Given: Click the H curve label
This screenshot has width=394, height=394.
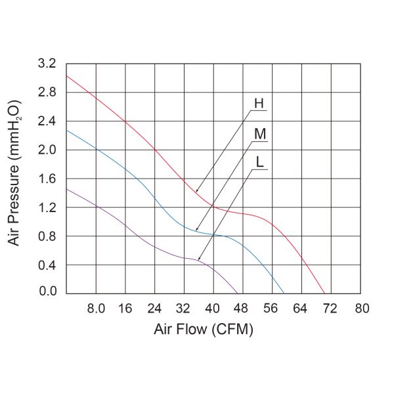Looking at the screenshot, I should point(259,104).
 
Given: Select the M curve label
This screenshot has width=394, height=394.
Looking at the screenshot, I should point(260,134).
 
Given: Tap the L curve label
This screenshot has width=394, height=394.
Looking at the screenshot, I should point(260,164).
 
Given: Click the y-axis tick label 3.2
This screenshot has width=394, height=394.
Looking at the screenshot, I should point(48,64).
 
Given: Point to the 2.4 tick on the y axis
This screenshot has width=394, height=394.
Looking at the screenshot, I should point(48,121).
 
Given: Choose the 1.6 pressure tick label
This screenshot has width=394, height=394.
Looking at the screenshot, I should point(48,179).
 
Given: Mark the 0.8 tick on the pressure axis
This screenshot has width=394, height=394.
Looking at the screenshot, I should point(48,236).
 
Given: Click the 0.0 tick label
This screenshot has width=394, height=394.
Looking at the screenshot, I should point(48,292).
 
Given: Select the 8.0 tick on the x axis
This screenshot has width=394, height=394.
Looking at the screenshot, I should point(96,307).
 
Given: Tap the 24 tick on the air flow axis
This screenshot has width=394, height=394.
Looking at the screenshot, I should point(155,307).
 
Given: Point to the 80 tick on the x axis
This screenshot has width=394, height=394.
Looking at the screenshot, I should point(361,307).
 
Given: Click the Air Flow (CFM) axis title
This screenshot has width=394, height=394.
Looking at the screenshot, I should point(203,329).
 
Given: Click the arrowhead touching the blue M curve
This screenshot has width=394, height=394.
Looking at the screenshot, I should point(196,230).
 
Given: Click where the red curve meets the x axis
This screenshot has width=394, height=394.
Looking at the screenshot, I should point(324,294).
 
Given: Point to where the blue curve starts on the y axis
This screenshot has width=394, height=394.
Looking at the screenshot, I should point(66,130).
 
